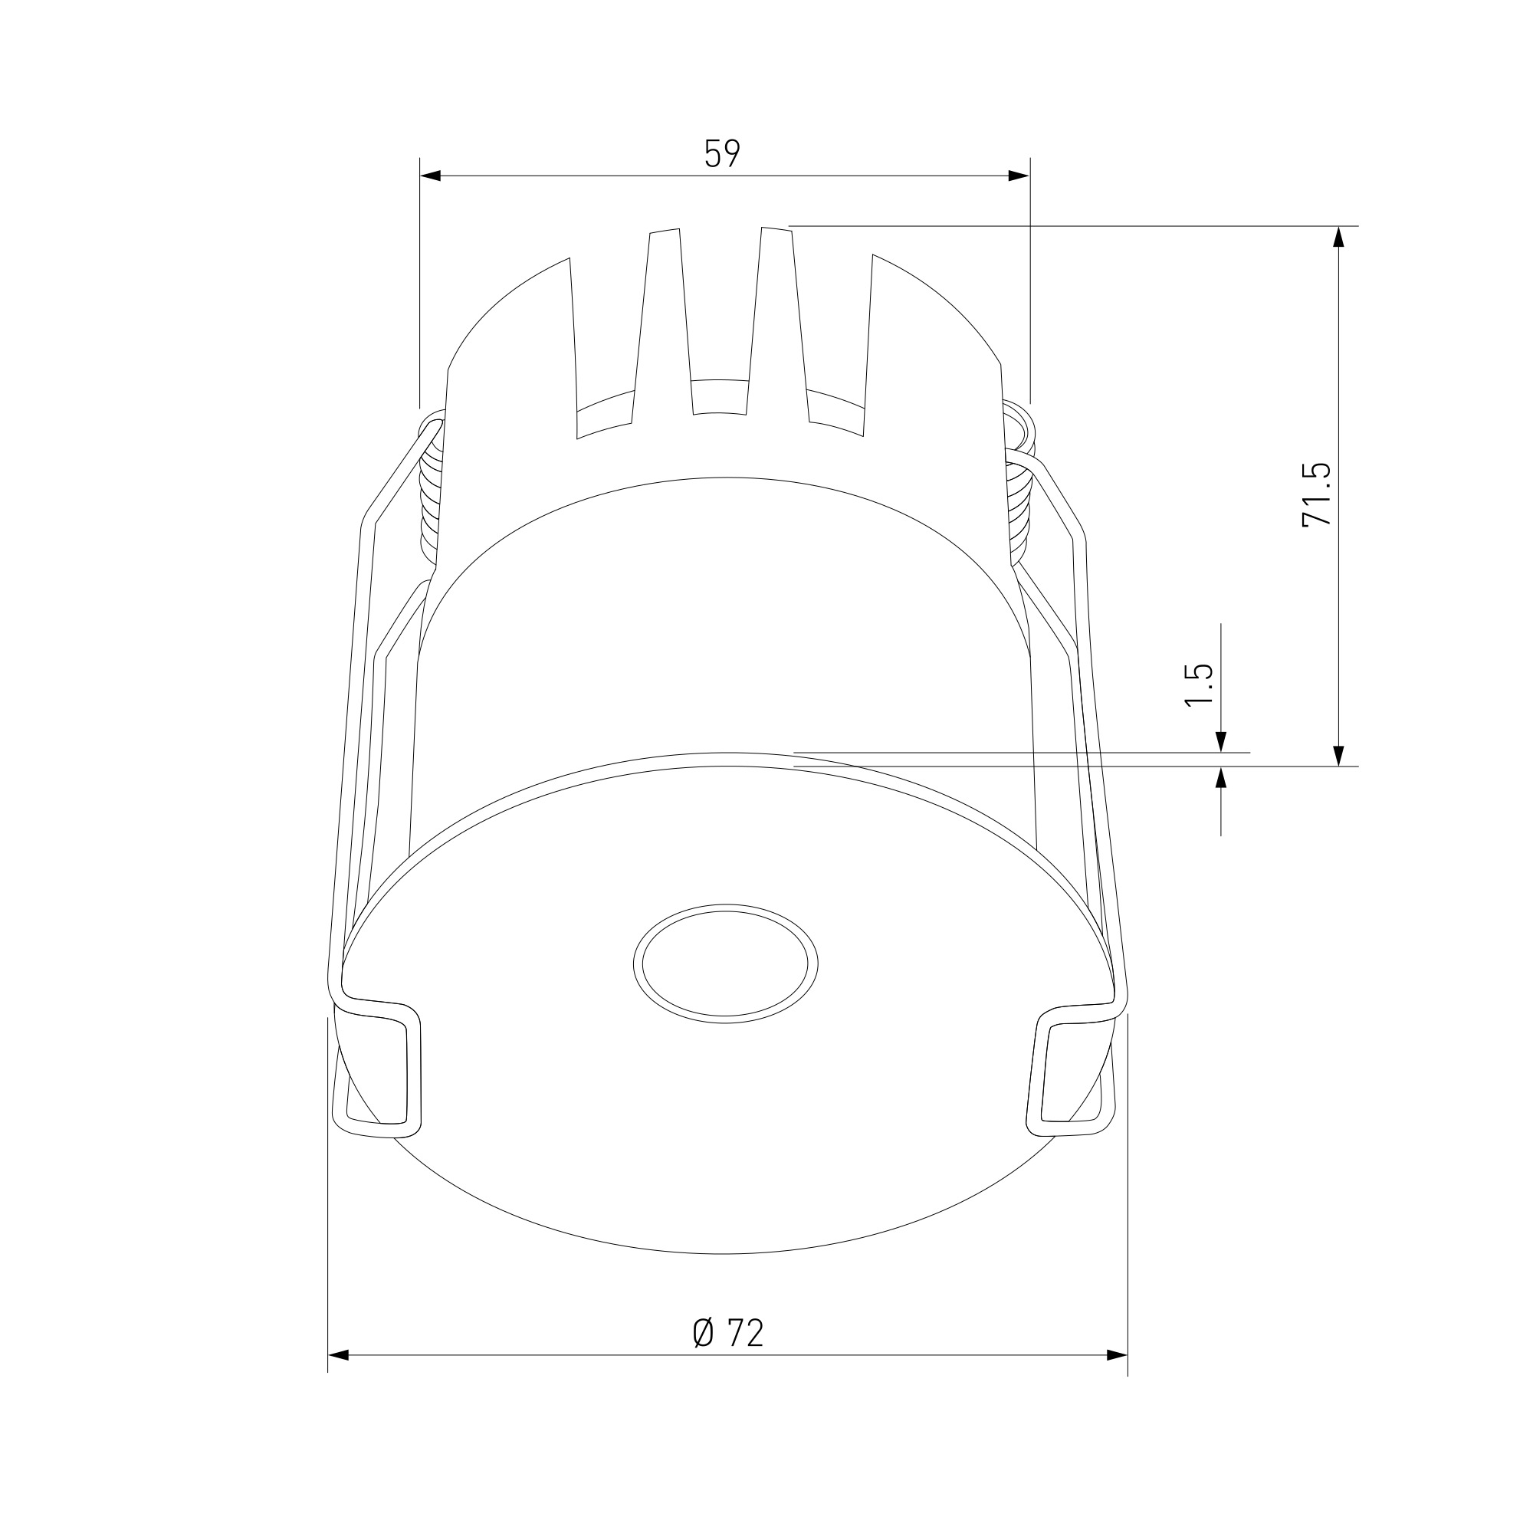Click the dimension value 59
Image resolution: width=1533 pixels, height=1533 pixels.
point(722,153)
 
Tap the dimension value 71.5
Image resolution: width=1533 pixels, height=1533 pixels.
point(1316,494)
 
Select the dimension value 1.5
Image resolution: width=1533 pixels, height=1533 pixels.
point(1198,684)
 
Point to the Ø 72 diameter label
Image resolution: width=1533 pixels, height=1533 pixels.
point(727,1333)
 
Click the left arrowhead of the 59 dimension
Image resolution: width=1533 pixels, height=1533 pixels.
point(429,176)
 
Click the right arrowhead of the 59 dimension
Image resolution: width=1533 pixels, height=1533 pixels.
point(1019,176)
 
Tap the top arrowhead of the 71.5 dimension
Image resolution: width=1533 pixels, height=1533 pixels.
point(1339,238)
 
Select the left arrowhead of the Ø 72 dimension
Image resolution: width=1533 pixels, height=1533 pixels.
point(338,1355)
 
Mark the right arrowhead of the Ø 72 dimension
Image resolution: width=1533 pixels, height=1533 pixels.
point(1118,1355)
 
